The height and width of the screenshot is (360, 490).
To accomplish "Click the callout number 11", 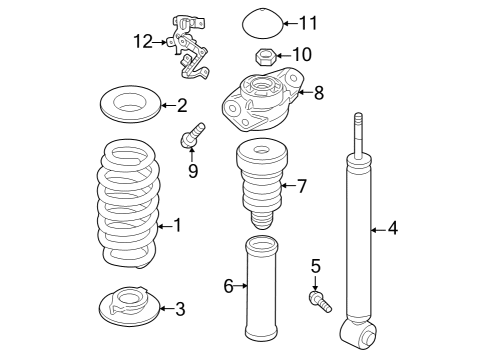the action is [x=308, y=23].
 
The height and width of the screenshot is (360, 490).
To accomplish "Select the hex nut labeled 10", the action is [x=265, y=57].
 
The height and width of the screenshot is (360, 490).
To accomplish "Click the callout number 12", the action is [x=143, y=42].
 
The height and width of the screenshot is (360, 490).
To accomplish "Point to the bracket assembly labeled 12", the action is [x=189, y=48].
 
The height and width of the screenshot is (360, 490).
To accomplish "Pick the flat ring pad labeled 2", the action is [x=130, y=104].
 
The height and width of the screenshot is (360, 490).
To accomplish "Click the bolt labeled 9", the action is [x=192, y=135].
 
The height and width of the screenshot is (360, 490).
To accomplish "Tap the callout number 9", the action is [x=193, y=171].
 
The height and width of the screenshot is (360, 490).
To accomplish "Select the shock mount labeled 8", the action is [x=263, y=99].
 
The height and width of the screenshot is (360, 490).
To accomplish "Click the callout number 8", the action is [x=319, y=92].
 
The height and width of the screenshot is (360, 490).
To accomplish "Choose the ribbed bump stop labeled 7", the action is [x=262, y=184].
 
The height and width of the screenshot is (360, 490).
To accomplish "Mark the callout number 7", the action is [x=302, y=186].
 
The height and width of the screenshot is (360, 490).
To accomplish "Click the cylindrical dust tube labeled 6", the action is [x=262, y=288].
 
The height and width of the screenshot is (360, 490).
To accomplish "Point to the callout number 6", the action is [x=228, y=286].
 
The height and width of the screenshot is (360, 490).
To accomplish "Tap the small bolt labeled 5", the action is [x=320, y=301].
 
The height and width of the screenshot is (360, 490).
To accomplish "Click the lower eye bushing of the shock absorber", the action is [x=358, y=334].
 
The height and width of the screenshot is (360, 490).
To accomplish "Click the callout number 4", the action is [x=393, y=228].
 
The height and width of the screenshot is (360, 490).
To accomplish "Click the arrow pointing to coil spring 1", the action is [x=165, y=227].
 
